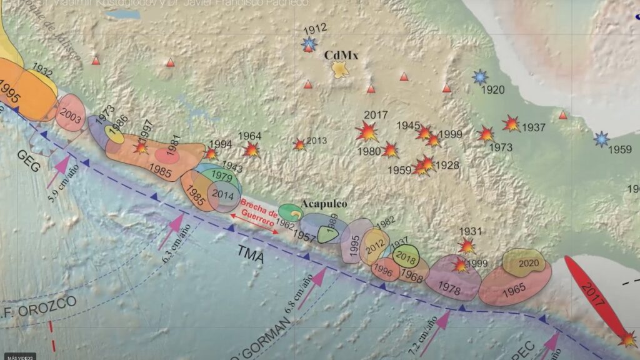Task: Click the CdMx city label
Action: coord(341,56)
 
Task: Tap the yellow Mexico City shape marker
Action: coord(341,69)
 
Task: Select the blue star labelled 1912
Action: coord(308,44)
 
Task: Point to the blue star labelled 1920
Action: coord(480,77)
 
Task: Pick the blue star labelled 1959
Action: coord(601,139)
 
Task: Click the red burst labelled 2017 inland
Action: coord(367,131)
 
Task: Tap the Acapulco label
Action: coord(324,204)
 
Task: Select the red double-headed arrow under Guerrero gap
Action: coord(255,223)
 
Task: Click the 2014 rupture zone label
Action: coord(222,194)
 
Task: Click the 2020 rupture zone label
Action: coord(529,263)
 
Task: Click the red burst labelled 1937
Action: coord(511,124)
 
